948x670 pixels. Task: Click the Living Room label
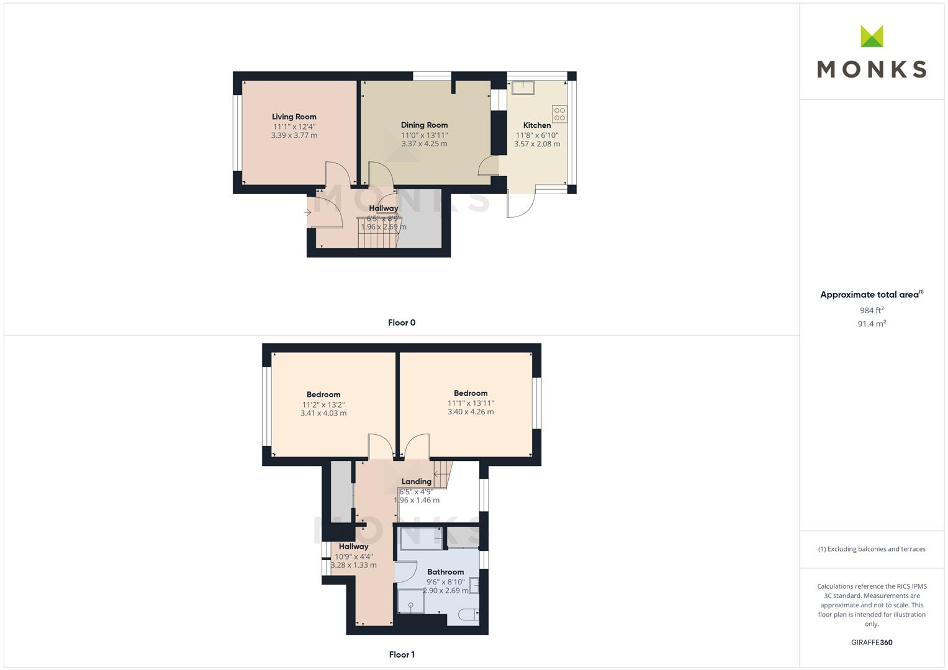click(294, 117)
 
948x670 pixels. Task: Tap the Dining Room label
click(424, 125)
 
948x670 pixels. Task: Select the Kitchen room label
click(536, 125)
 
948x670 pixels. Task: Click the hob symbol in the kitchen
click(559, 114)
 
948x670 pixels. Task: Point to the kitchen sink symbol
click(523, 87)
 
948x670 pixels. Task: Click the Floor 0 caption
click(402, 323)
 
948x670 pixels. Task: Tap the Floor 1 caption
click(402, 654)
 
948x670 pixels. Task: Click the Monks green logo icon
click(872, 36)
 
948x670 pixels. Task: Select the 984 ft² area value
click(872, 310)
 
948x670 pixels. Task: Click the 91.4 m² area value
click(872, 324)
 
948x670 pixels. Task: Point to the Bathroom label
click(445, 572)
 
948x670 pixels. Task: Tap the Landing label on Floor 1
click(416, 481)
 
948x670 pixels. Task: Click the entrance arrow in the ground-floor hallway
click(309, 213)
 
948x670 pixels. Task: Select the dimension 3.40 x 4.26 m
click(471, 412)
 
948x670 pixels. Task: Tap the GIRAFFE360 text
click(872, 643)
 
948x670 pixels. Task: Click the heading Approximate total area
click(869, 295)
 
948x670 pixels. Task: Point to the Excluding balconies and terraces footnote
click(872, 549)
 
